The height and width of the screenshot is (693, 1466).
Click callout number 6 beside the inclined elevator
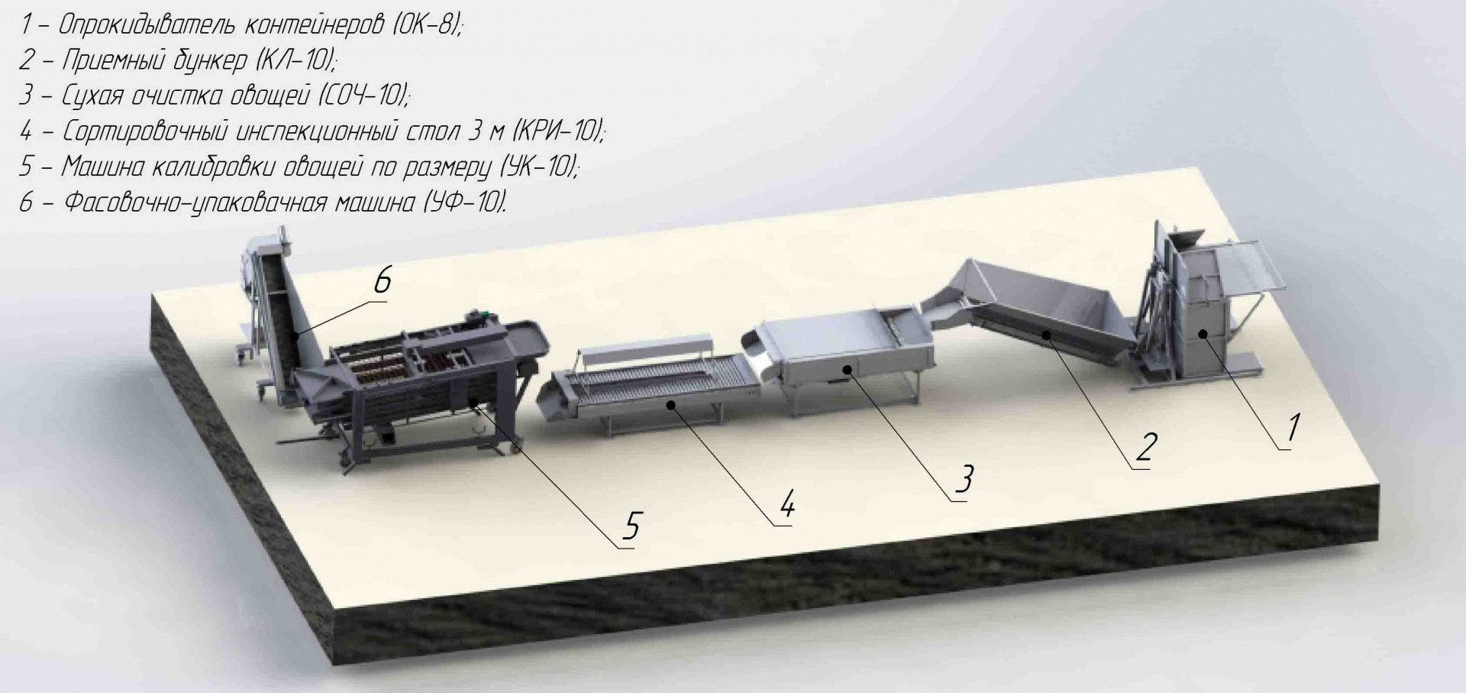click(383, 280)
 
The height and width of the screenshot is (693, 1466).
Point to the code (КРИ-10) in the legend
click(558, 131)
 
